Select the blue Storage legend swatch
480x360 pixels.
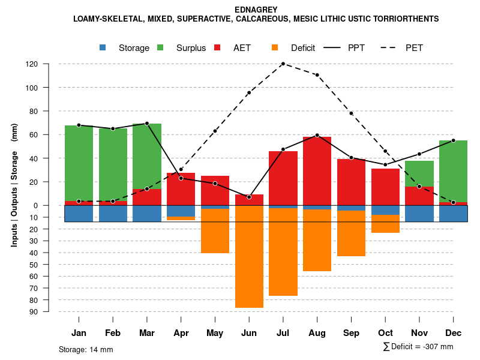click(x=103, y=48)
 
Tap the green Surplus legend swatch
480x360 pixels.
click(x=160, y=48)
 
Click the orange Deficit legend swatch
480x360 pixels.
click(x=275, y=48)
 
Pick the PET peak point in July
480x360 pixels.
click(x=283, y=64)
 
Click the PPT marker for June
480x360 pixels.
click(x=249, y=197)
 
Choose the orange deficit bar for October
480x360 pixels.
click(x=385, y=224)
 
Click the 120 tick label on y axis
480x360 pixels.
click(x=49, y=64)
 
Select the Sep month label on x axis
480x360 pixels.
click(x=351, y=333)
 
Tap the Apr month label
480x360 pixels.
click(x=181, y=333)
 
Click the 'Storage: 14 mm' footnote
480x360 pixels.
click(x=86, y=349)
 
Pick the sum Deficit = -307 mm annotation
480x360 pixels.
click(x=418, y=347)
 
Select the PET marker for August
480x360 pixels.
click(x=317, y=75)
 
